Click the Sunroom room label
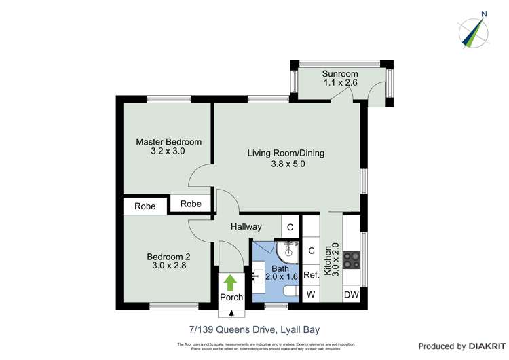[340, 73]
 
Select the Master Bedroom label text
[168, 142]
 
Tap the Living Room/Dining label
[285, 153]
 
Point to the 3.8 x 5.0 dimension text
[286, 163]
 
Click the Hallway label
[246, 226]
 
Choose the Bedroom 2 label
[168, 257]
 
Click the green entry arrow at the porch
[231, 283]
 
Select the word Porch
[231, 298]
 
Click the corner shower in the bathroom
[288, 251]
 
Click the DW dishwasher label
[351, 294]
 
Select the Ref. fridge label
[311, 275]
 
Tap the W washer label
[311, 294]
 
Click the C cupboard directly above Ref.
[311, 251]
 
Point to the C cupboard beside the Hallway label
[290, 227]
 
